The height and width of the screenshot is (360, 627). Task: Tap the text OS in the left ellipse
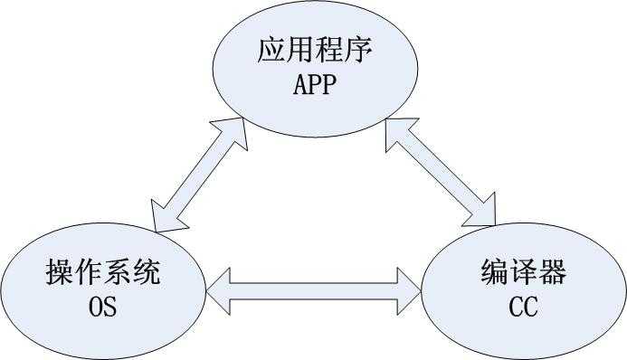point(101,308)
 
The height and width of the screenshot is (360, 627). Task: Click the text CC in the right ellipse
point(522,308)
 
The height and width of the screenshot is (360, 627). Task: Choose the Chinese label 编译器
point(522,272)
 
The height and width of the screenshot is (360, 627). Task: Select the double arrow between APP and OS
point(197,174)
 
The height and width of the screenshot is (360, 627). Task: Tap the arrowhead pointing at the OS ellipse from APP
point(164,218)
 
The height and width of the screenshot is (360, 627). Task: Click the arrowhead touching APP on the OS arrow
point(233,128)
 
